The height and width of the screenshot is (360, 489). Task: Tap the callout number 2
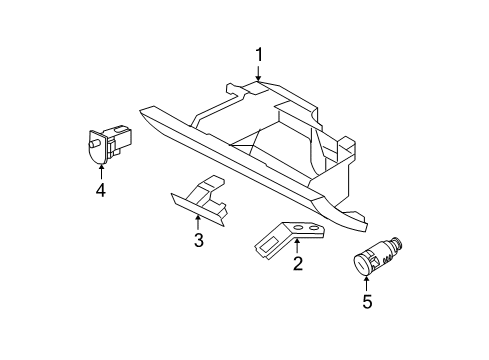pyautogui.click(x=297, y=264)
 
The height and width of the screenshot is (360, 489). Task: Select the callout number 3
pyautogui.click(x=198, y=239)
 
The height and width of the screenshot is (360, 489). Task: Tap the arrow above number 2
pyautogui.click(x=297, y=246)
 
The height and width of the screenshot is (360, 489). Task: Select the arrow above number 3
pyautogui.click(x=198, y=221)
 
